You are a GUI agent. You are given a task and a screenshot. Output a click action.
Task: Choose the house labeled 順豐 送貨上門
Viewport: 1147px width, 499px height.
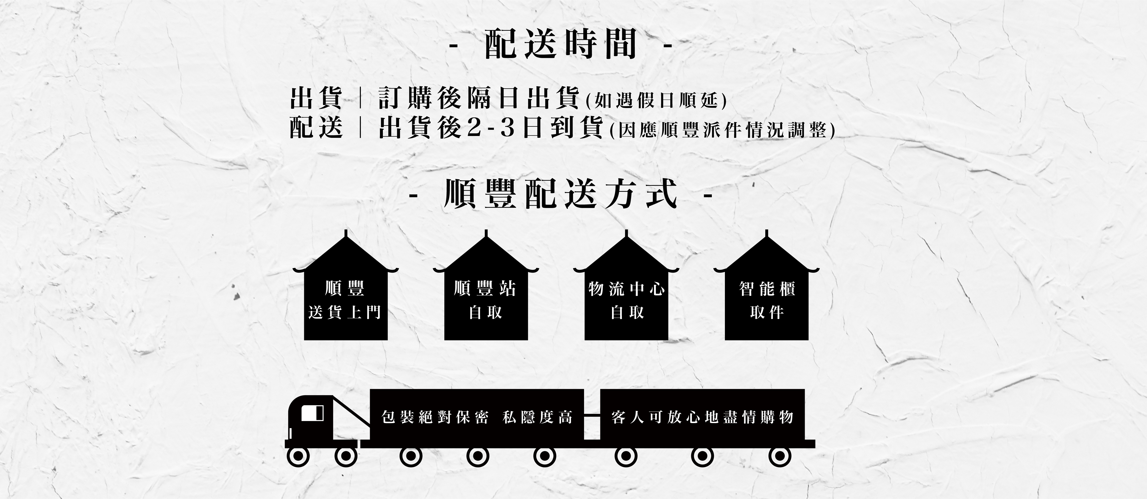tap(345, 298)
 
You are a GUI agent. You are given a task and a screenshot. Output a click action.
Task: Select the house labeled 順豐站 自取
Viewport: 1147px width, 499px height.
tap(486, 298)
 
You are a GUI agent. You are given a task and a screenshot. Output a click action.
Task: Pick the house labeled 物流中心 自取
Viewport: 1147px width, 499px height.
tap(626, 298)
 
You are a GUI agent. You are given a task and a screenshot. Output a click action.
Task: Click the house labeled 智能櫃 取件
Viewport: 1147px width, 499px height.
tap(766, 298)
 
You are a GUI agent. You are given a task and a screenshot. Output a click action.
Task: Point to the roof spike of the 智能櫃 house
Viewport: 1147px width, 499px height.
tap(766, 233)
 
